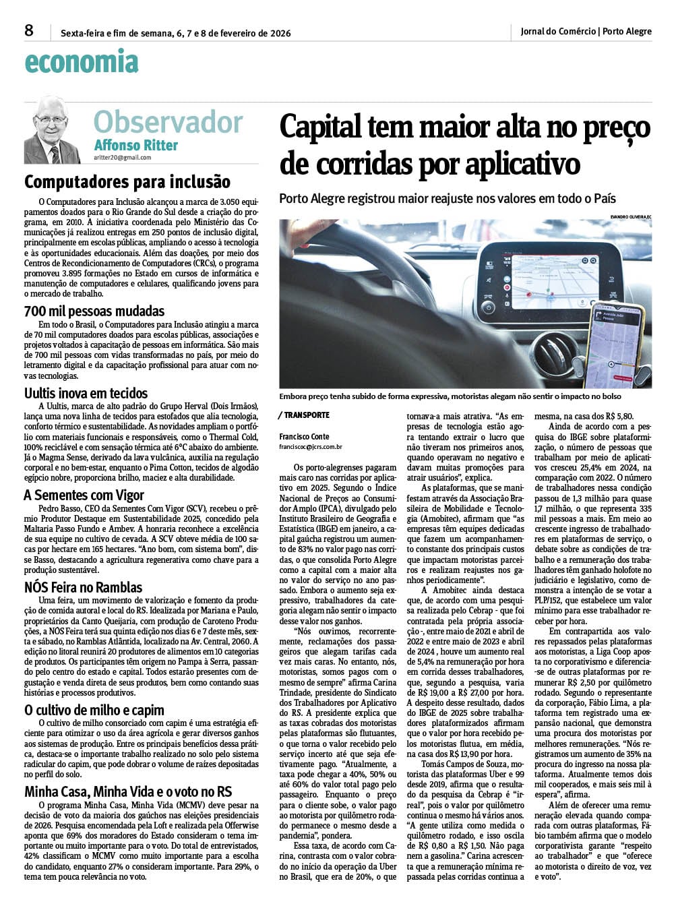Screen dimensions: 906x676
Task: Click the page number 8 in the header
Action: (x=28, y=30)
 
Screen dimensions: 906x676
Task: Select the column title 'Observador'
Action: (x=168, y=122)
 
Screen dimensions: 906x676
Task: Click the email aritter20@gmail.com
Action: (x=123, y=158)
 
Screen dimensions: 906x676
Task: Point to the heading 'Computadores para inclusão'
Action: (x=127, y=182)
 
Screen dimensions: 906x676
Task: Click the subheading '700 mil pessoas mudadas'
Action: (x=94, y=311)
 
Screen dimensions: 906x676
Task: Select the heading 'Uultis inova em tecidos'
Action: (x=86, y=393)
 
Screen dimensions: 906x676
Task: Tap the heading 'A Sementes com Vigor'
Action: (x=84, y=495)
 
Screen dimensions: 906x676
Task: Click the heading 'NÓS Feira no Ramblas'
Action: (x=83, y=587)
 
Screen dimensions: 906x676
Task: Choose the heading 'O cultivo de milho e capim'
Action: (x=94, y=710)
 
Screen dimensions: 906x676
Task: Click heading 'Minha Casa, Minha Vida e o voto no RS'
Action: (x=128, y=791)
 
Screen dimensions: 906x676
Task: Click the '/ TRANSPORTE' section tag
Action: (x=304, y=415)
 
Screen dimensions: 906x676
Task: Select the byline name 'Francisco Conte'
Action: (x=305, y=437)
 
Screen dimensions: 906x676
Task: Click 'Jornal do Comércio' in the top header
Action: (x=558, y=31)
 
